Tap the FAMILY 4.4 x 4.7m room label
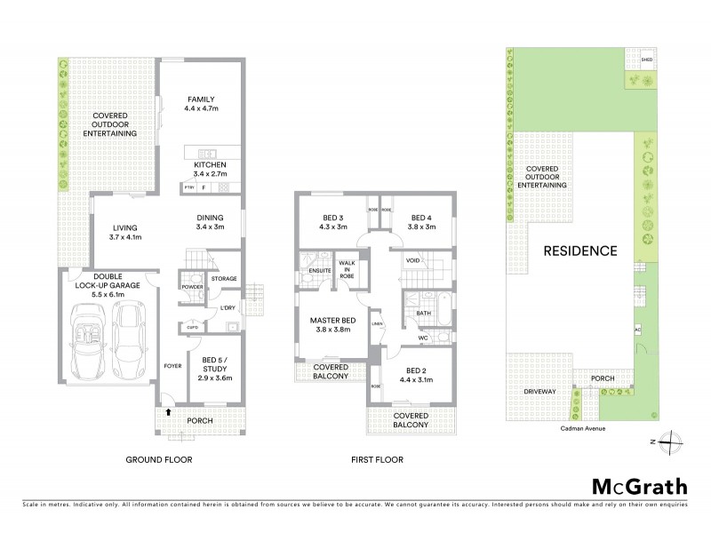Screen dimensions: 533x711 202,104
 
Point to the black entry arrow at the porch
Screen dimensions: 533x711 167,411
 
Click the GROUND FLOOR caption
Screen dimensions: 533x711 158,460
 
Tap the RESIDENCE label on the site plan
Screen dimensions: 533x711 582,251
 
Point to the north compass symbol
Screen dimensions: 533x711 672,441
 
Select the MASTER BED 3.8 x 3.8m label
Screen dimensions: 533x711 334,324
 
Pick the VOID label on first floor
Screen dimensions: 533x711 412,261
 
